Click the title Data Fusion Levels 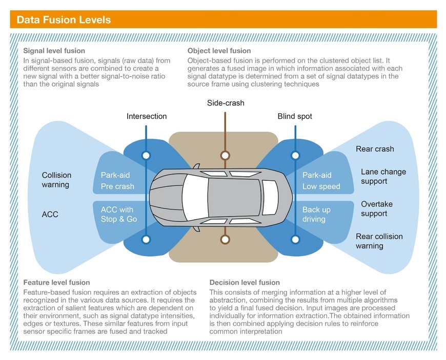64,20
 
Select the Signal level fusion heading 54,51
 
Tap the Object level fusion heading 219,51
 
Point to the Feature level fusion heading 56,282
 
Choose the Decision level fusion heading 245,282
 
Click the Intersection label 147,116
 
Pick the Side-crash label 226,103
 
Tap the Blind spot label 295,116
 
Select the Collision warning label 56,180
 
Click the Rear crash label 375,149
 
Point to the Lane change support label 383,177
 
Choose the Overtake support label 376,208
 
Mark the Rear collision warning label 379,241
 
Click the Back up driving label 316,215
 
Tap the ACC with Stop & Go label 118,215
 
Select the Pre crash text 117,186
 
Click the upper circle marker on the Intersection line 147,155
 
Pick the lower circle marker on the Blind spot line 295,239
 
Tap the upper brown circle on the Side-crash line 225,155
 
